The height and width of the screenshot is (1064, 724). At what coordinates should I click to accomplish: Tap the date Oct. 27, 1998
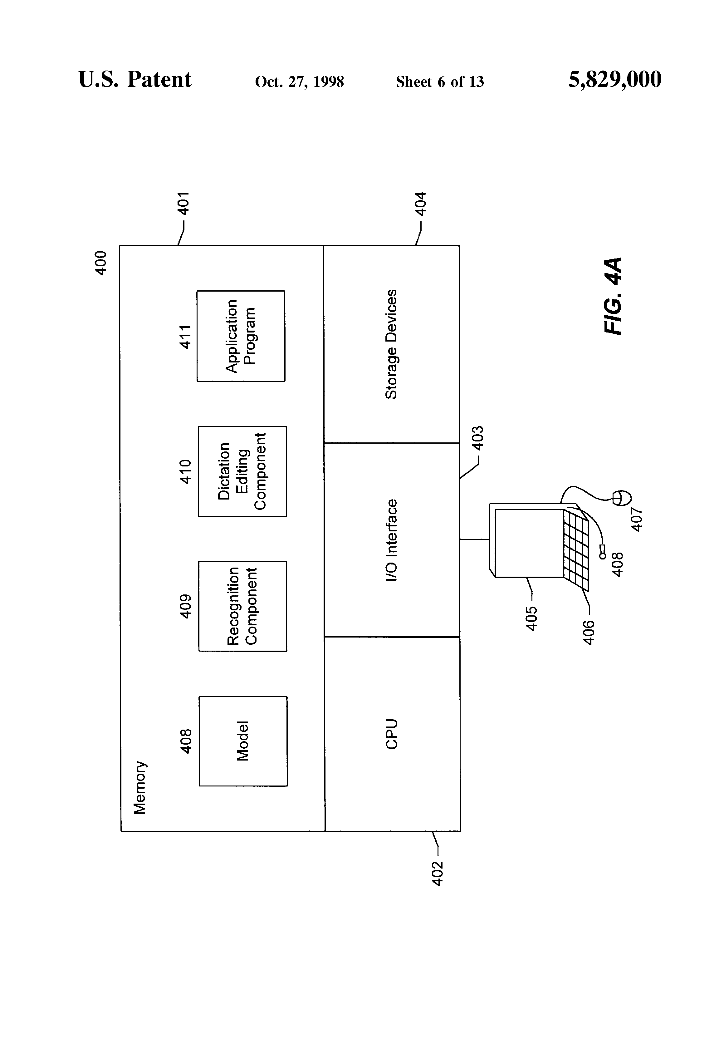299,82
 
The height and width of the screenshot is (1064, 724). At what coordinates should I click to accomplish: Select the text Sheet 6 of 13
440,81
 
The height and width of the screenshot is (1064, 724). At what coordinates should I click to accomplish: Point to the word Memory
139,787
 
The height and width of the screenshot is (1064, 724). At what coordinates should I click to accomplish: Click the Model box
243,741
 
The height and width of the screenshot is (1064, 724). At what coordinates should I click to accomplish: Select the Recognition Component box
242,606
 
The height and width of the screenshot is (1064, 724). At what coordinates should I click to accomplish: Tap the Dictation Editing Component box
242,471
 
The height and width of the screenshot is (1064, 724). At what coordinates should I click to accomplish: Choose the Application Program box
241,336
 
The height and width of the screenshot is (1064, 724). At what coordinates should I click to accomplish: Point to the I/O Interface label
391,540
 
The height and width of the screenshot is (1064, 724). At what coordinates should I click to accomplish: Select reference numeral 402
438,874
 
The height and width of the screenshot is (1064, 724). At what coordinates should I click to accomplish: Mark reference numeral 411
184,337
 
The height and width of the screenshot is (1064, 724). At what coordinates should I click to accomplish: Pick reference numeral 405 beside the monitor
531,618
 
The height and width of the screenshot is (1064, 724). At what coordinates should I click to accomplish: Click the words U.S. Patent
135,80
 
